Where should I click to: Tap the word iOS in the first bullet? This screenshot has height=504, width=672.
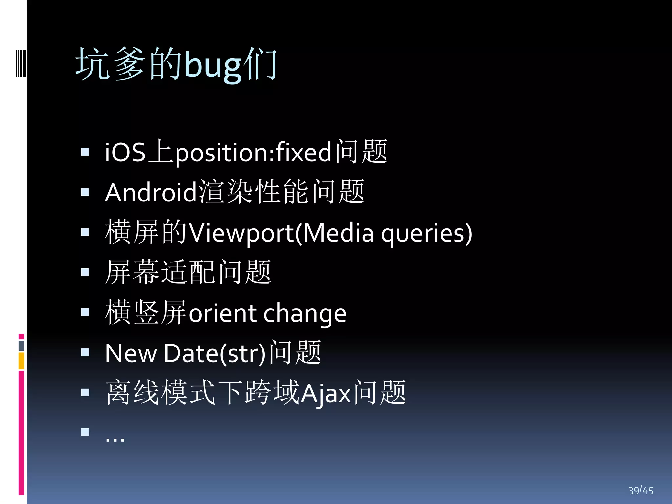click(125, 152)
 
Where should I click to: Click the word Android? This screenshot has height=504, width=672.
click(151, 192)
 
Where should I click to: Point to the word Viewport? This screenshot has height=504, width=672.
click(241, 233)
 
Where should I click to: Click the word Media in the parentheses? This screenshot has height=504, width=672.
click(338, 233)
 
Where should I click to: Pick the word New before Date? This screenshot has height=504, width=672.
click(131, 353)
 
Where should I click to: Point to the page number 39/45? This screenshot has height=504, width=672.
click(640, 490)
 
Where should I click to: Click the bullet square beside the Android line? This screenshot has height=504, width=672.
click(85, 192)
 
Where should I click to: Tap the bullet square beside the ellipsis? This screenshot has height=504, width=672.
click(85, 432)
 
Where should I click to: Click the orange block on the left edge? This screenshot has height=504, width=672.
click(21, 361)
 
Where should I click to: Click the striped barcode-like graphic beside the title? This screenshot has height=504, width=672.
click(21, 63)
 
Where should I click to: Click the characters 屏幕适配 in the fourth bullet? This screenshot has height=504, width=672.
click(161, 272)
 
